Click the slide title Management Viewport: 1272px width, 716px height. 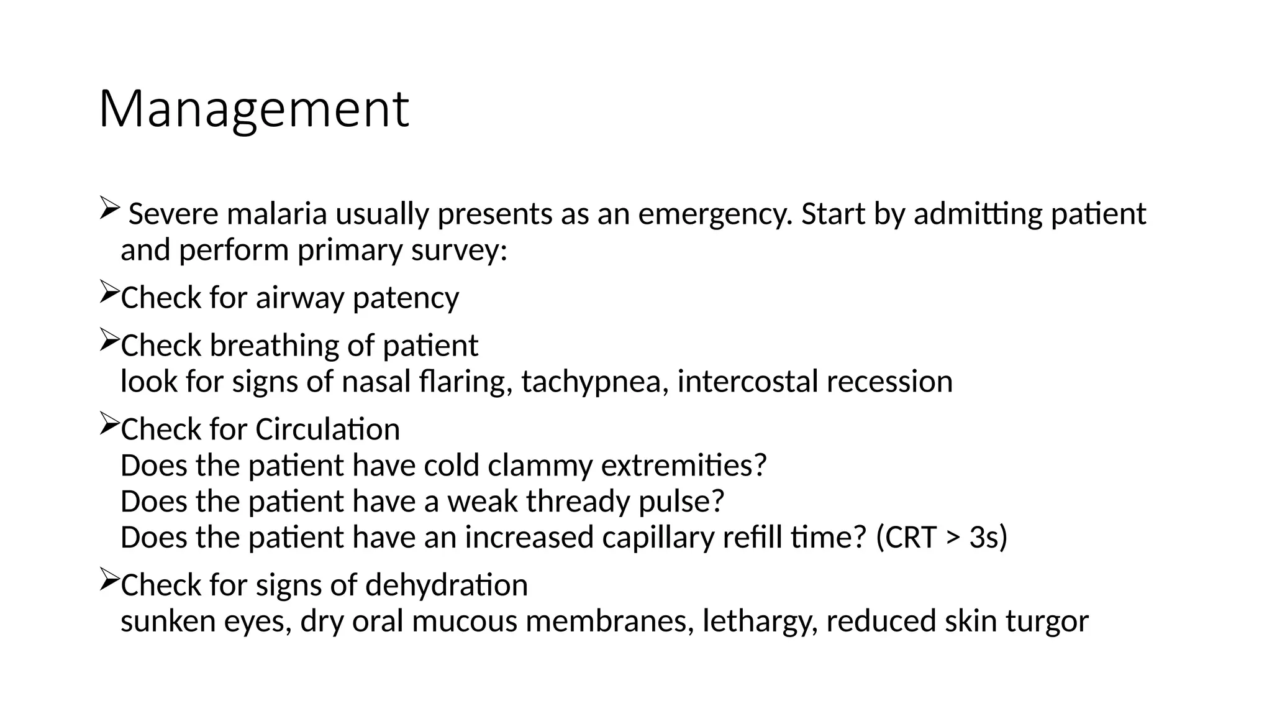(x=253, y=109)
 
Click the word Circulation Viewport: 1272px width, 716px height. (x=327, y=429)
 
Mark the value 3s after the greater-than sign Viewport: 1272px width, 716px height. (x=983, y=538)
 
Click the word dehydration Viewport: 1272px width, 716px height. (x=446, y=585)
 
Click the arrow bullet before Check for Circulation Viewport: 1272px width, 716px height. (x=108, y=425)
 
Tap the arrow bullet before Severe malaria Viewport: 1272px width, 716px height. (x=108, y=208)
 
